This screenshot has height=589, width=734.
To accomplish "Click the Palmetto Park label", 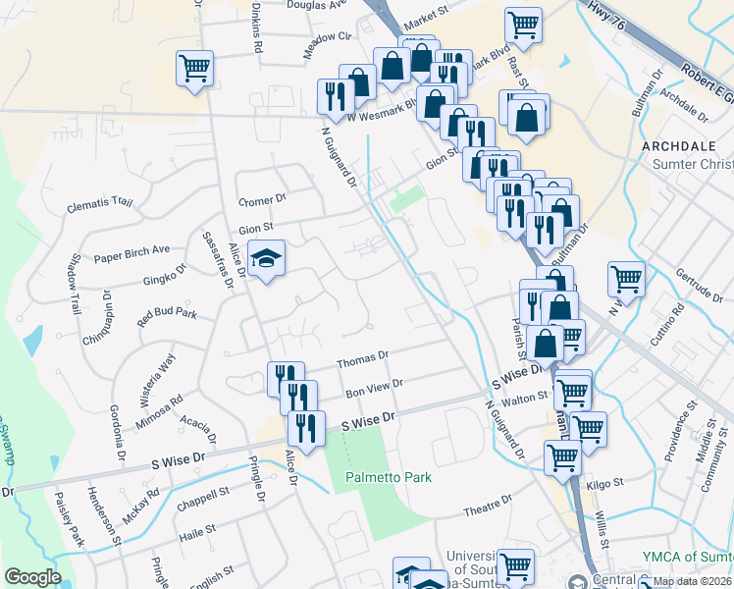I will (389, 477).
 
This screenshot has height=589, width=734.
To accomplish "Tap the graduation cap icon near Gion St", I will (265, 259).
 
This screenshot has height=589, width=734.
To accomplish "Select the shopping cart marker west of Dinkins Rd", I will (194, 69).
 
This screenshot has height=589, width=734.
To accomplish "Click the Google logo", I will (32, 576).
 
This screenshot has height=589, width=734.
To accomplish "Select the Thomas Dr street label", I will (363, 361).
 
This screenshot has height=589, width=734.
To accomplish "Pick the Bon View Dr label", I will (374, 388).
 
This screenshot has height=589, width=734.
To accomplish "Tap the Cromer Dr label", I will (262, 199).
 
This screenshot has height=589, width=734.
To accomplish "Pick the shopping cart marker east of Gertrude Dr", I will (625, 279).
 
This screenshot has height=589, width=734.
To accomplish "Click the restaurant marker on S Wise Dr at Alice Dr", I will (305, 429).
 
